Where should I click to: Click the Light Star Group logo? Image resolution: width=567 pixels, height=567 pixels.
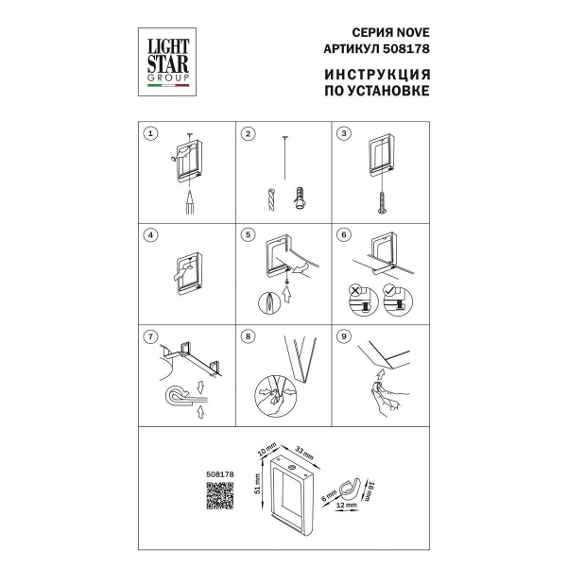[x=167, y=61]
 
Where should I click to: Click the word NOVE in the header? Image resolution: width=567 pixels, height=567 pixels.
[x=413, y=32]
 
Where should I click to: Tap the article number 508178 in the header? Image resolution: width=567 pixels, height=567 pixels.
[x=406, y=48]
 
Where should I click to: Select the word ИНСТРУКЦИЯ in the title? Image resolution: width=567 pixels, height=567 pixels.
[x=377, y=75]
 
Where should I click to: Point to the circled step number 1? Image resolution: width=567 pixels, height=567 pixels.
[x=151, y=133]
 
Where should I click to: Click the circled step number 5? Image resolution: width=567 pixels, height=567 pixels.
[x=248, y=234]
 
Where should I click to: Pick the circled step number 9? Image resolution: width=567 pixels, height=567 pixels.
[x=344, y=336]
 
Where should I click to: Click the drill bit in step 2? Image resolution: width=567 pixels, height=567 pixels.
[x=271, y=198]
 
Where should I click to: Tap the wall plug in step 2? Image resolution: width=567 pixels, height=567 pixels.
[x=300, y=198]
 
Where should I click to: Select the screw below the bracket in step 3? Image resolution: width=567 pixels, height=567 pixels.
[x=382, y=202]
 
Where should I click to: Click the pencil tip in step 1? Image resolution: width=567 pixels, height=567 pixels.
[x=190, y=193]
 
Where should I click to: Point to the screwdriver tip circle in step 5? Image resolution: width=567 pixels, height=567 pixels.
[x=269, y=302]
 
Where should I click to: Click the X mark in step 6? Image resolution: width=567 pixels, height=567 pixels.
[x=355, y=290]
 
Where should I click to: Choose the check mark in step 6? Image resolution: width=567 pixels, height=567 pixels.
[x=389, y=290]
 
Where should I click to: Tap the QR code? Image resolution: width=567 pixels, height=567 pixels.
[x=219, y=495]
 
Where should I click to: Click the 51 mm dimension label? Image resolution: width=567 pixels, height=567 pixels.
[x=257, y=484]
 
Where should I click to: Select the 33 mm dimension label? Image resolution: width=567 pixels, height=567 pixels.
[x=304, y=454]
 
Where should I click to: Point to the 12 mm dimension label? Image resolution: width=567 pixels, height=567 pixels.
[x=347, y=505]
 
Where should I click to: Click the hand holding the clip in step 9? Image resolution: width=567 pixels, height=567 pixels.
[x=389, y=398]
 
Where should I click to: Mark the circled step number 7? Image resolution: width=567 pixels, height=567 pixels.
[x=151, y=336]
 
